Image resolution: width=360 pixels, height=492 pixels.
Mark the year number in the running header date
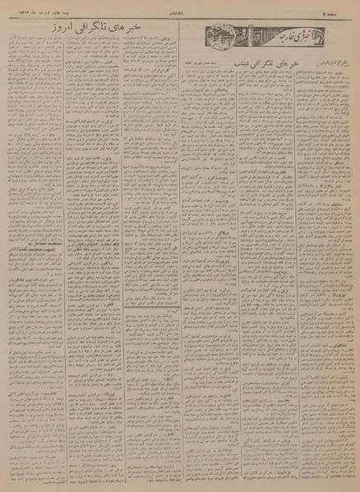[x=14, y=6]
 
